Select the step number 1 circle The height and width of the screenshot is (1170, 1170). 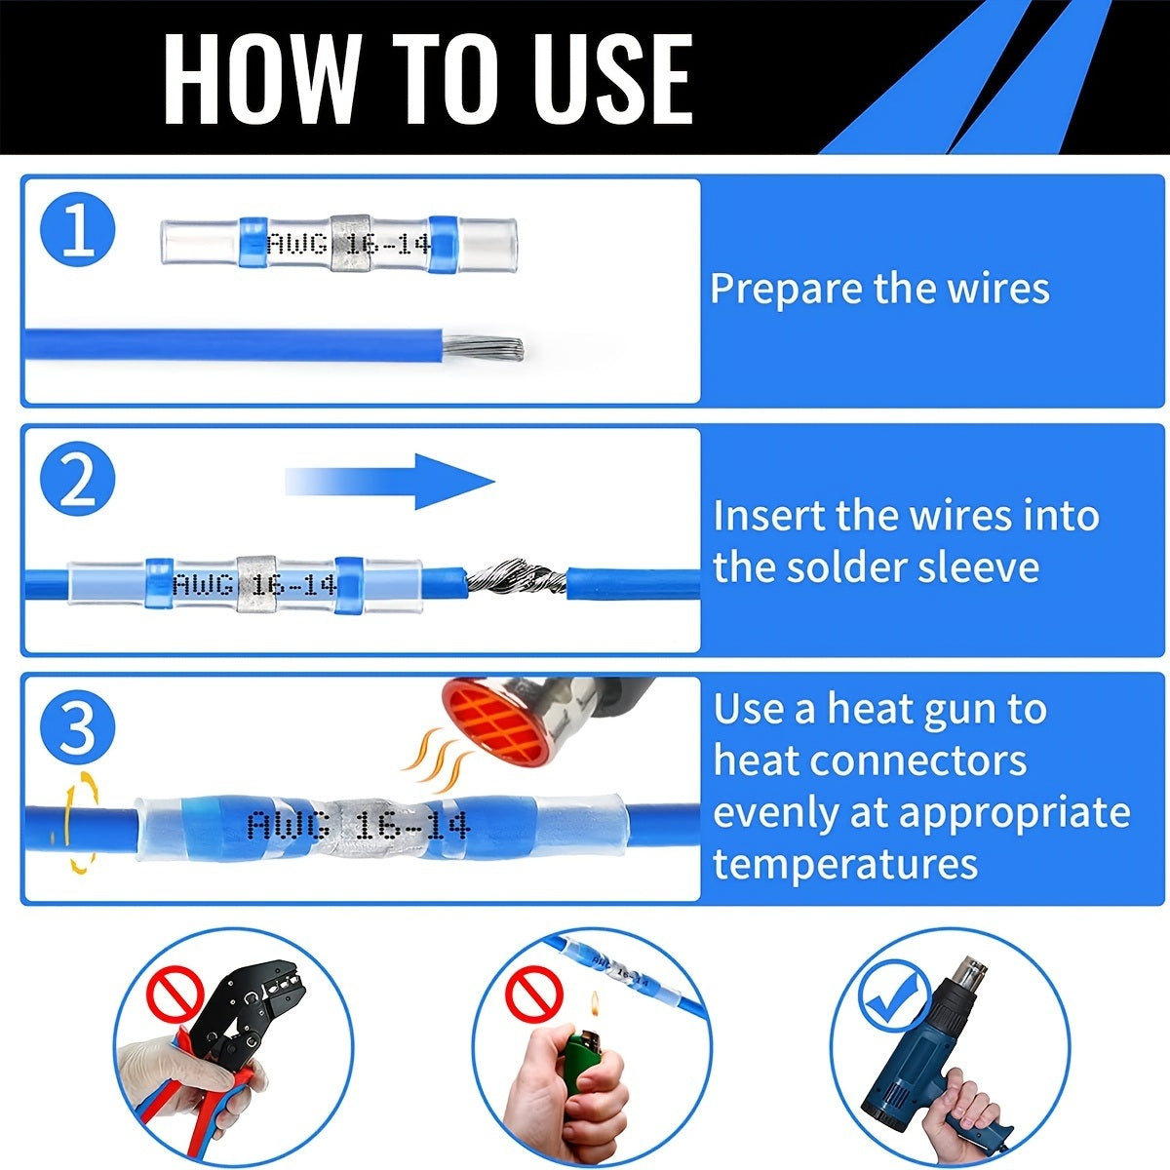click(x=78, y=232)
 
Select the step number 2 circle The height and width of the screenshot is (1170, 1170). click(x=78, y=481)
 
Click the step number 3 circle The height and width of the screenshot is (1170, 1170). click(x=78, y=728)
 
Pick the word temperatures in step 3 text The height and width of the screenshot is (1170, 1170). click(x=844, y=863)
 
